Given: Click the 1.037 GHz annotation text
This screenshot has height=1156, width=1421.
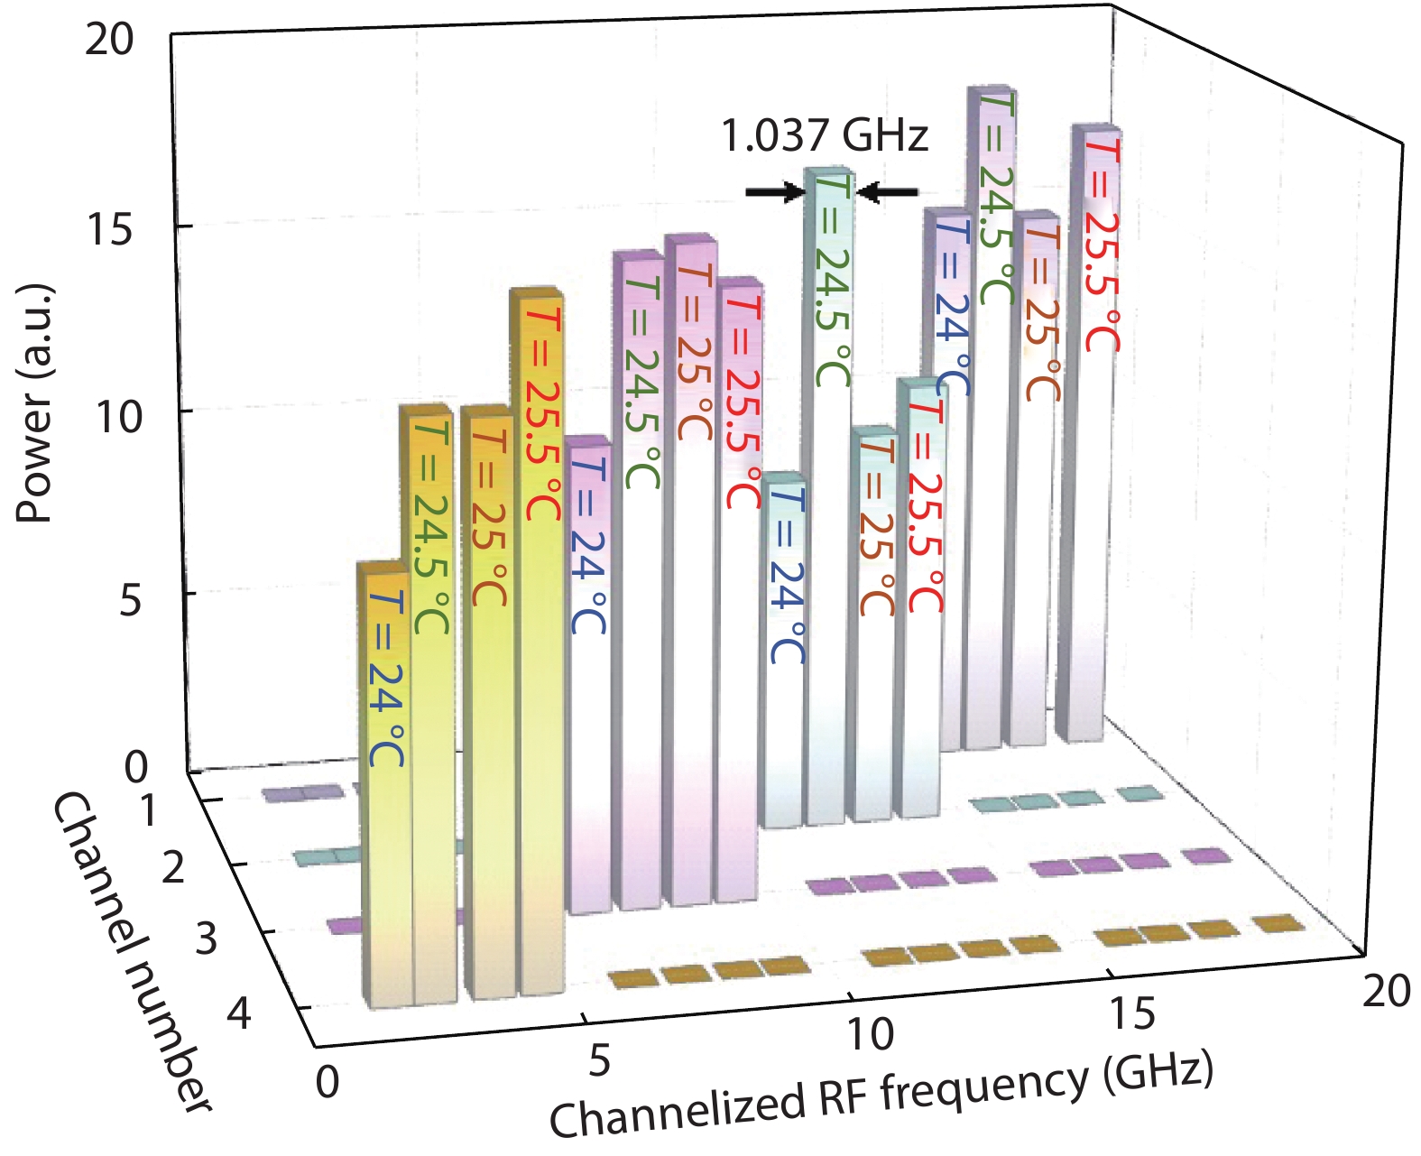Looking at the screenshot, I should pyautogui.click(x=824, y=135).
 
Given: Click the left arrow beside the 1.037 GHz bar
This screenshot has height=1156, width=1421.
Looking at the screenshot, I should pyautogui.click(x=774, y=191).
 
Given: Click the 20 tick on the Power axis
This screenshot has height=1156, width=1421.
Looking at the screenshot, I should pyautogui.click(x=108, y=41).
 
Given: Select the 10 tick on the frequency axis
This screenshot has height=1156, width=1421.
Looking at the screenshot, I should pyautogui.click(x=870, y=1033).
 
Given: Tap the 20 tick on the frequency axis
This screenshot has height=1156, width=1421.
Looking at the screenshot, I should pyautogui.click(x=1386, y=991).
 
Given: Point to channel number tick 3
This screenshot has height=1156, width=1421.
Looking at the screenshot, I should pyautogui.click(x=206, y=939).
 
